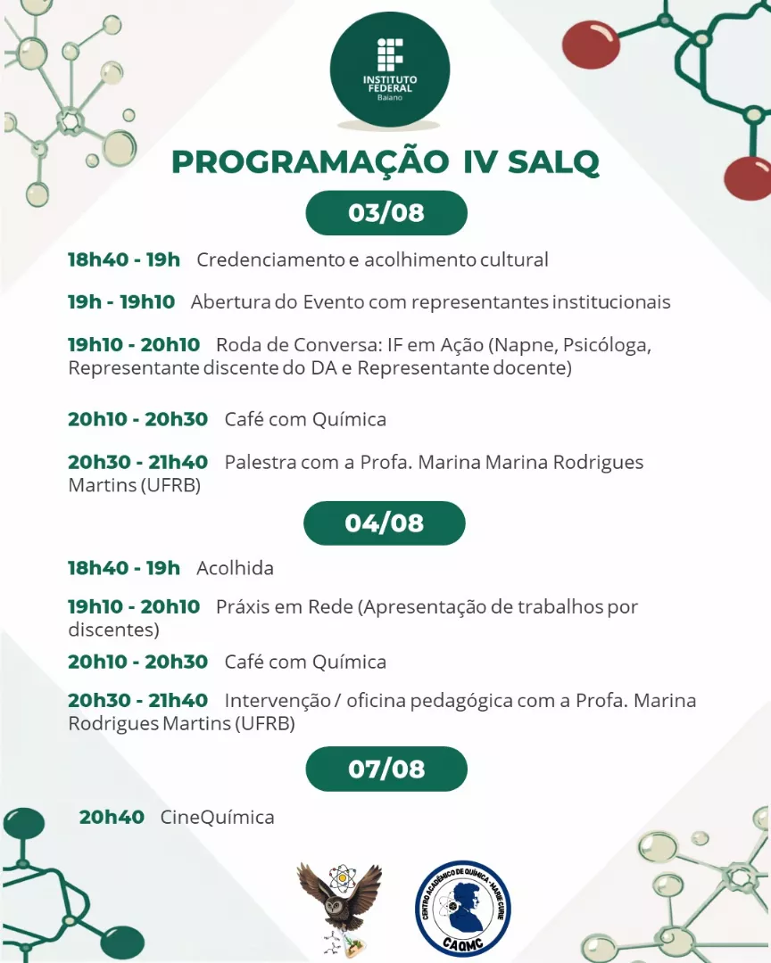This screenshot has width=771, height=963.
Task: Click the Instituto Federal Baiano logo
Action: coord(390,69)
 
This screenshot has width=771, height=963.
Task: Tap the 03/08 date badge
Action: coord(386,212)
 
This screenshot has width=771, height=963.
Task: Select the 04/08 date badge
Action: coord(385,523)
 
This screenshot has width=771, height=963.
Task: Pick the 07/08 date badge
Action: coord(386,769)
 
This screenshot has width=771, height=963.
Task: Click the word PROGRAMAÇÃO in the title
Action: coord(311,162)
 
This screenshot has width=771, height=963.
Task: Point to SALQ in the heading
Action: coord(553,162)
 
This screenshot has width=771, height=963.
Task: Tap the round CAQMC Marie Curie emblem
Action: coord(462,909)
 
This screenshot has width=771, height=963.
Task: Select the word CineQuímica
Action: coord(217,817)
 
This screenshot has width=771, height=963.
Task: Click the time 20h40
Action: coord(112,817)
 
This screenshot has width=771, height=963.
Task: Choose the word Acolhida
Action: coord(235,568)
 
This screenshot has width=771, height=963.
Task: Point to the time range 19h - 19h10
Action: coord(121,301)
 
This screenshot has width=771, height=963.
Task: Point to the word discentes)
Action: coord(113,630)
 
